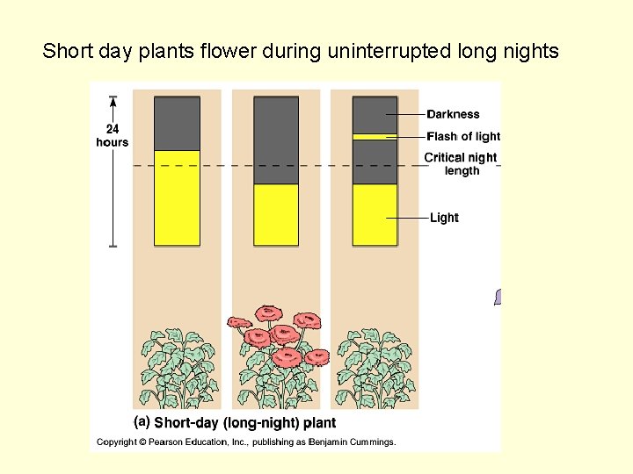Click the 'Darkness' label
[x=453, y=114]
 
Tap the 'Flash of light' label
[x=462, y=136]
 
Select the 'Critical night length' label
[x=461, y=164]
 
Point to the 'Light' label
[x=444, y=218]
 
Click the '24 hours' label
[x=112, y=136]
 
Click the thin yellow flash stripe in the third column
[x=375, y=136]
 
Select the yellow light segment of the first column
[x=177, y=197]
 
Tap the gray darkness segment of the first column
[x=177, y=123]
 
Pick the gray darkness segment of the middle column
[x=276, y=140]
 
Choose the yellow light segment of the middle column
[x=276, y=214]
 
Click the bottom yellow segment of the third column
[x=375, y=214]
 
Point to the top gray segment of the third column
[x=375, y=114]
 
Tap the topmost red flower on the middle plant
[x=267, y=314]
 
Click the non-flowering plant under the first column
[x=176, y=369]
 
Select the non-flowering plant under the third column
[x=375, y=369]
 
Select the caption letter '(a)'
[x=142, y=421]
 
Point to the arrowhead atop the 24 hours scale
[x=113, y=100]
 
